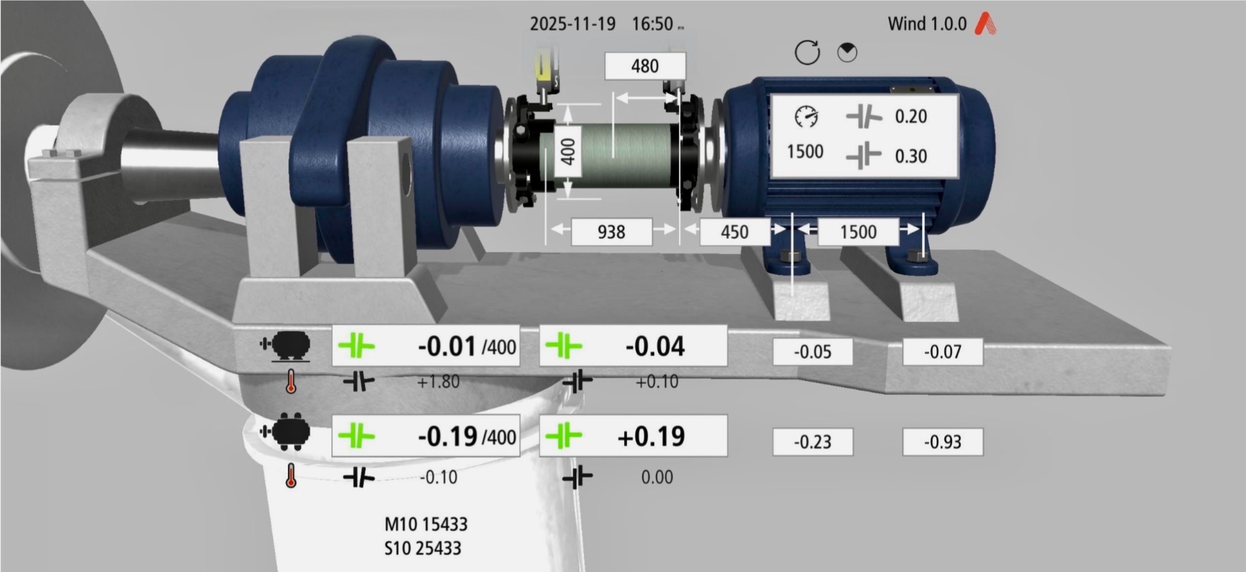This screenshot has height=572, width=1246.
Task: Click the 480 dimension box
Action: [x=645, y=66]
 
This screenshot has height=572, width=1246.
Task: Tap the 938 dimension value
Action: [x=611, y=232]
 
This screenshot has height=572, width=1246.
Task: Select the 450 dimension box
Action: [x=735, y=232]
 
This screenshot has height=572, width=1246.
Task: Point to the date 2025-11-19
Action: [x=573, y=24]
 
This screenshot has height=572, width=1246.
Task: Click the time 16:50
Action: [x=652, y=24]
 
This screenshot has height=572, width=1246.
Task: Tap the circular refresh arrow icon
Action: [x=807, y=52]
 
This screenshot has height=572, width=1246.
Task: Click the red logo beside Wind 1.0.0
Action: [x=985, y=24]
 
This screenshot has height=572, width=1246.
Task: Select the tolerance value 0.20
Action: [x=911, y=117]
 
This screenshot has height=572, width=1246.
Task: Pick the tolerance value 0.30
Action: [x=911, y=156]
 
